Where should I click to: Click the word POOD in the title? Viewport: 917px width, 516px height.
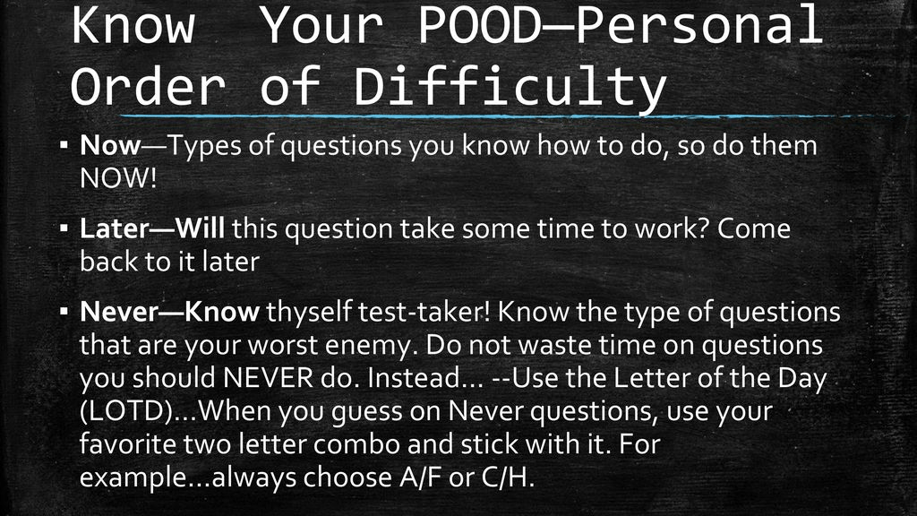click(477, 24)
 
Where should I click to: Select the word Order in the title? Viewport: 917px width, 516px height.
click(148, 85)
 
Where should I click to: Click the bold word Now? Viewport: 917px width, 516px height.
click(110, 145)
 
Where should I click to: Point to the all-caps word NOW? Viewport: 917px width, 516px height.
click(118, 178)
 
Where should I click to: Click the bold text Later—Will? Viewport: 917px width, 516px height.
click(152, 228)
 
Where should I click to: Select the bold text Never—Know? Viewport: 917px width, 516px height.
click(169, 311)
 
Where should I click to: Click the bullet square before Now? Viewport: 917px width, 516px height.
click(64, 143)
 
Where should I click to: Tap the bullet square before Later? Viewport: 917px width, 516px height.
click(64, 227)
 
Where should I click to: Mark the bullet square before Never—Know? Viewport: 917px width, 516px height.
click(64, 310)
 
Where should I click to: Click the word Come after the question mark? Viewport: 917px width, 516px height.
click(753, 228)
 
